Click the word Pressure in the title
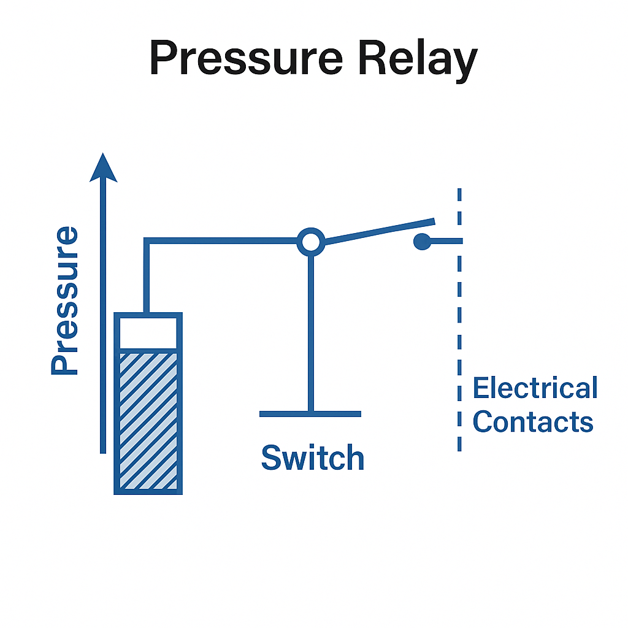click(245, 60)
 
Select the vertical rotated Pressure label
click(65, 301)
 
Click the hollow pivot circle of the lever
click(311, 242)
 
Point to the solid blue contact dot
click(421, 242)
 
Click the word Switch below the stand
click(313, 458)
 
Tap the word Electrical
click(535, 388)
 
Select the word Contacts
click(533, 422)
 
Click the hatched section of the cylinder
click(148, 420)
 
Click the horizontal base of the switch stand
click(310, 414)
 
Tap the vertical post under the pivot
click(311, 331)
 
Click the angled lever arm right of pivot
click(380, 231)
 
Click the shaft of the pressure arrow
click(103, 319)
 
